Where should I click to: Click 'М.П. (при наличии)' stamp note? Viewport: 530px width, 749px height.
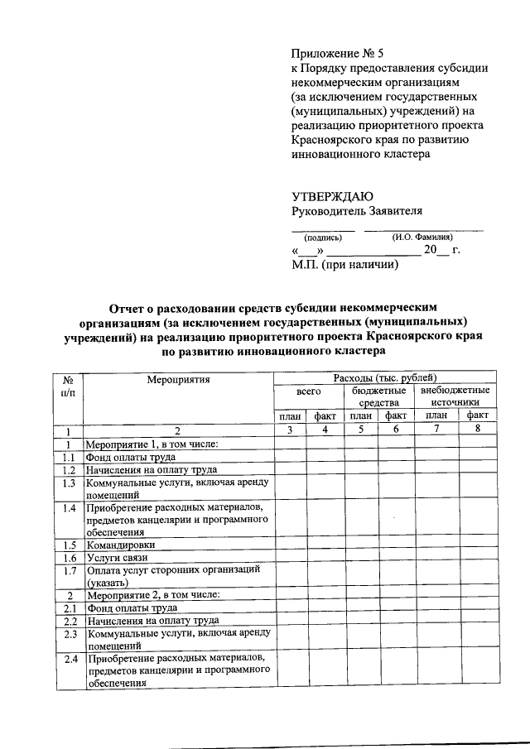pos(345,266)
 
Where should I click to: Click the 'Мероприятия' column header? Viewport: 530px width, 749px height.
pos(178,380)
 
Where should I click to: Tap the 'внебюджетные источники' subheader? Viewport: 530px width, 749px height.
pos(455,396)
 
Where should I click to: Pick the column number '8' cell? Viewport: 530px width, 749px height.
pos(477,430)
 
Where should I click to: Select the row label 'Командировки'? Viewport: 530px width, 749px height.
pos(121,545)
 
